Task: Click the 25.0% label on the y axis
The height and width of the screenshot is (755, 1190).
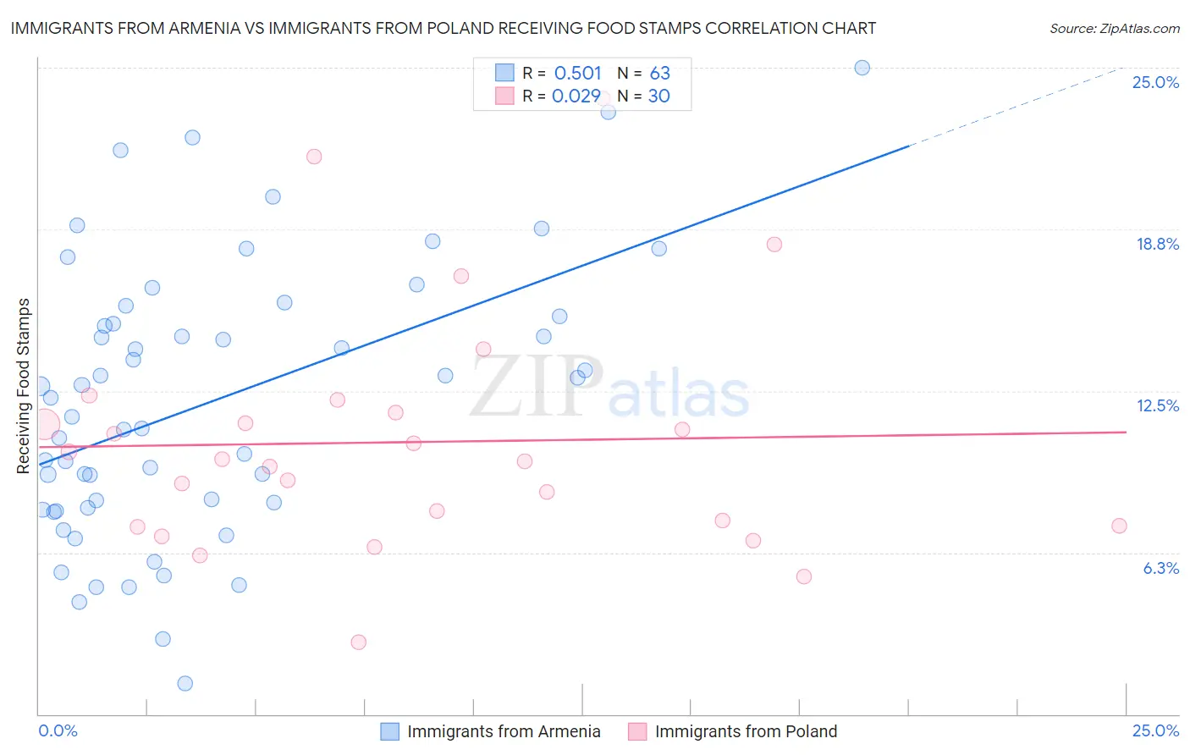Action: (1155, 82)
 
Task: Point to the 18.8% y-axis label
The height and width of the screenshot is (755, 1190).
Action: (1157, 244)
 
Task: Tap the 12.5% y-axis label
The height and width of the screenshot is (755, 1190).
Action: (1157, 405)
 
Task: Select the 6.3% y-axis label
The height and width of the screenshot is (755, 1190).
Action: (1160, 568)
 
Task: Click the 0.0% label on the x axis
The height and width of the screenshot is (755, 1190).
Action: (58, 730)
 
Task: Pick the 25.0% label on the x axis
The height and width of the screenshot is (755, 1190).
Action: (1155, 730)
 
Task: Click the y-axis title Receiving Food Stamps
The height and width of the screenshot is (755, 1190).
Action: (24, 385)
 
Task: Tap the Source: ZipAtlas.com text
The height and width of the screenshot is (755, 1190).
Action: (1114, 29)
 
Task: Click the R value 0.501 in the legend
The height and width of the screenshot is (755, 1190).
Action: (577, 74)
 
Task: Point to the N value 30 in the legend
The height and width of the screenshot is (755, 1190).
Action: (658, 96)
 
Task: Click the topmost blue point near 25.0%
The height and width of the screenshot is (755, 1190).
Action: (862, 68)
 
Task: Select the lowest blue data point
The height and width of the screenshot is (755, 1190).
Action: (185, 683)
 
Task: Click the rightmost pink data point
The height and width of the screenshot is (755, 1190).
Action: (1119, 526)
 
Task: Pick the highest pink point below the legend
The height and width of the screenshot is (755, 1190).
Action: (314, 157)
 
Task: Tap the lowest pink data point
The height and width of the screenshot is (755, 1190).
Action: (358, 642)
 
